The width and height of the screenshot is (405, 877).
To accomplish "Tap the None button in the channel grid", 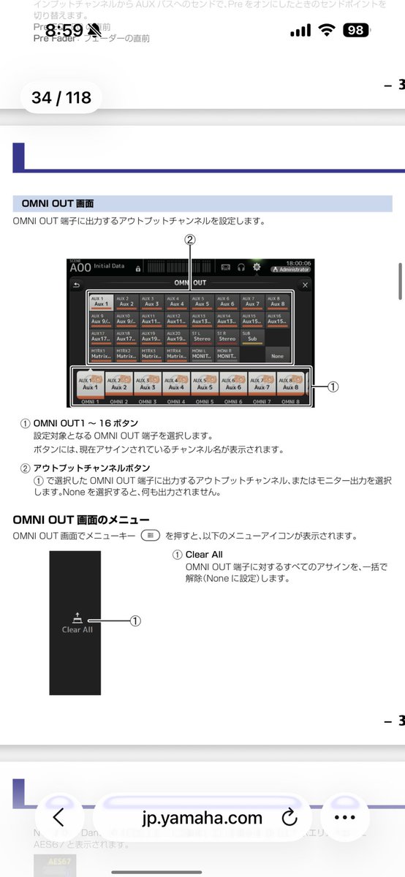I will click(276, 355).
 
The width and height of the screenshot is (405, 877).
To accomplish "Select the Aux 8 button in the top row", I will click(276, 300).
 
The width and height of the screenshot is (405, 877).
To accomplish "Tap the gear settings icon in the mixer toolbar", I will click(257, 267).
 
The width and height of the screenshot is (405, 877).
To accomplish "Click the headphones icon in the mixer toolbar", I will click(241, 267).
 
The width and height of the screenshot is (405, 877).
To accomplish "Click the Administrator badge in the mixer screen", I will click(290, 270).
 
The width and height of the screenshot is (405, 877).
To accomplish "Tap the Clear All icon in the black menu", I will click(77, 623).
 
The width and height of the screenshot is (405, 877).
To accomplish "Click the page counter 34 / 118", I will click(61, 97).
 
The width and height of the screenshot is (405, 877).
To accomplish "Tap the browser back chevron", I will click(58, 817).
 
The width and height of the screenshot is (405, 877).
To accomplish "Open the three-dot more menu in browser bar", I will click(344, 817).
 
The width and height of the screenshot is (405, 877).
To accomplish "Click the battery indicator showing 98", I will click(357, 31).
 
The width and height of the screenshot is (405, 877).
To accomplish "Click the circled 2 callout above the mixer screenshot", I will click(189, 239).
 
